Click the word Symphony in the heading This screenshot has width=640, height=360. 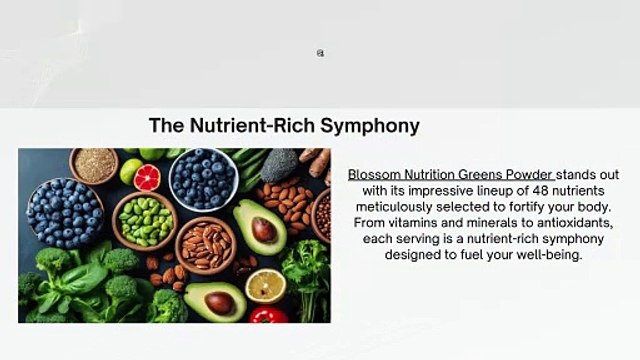pyautogui.click(x=372, y=126)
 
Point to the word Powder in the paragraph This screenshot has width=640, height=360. pyautogui.click(x=528, y=174)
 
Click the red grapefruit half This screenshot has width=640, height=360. pyautogui.click(x=146, y=177)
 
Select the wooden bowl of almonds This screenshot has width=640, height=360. pyautogui.click(x=206, y=244)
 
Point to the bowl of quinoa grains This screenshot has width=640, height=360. pyautogui.click(x=94, y=165)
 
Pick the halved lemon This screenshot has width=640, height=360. pyautogui.click(x=265, y=286)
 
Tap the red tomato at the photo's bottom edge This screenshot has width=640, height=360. pyautogui.click(x=267, y=315)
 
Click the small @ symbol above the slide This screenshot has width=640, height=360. pyautogui.click(x=320, y=53)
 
